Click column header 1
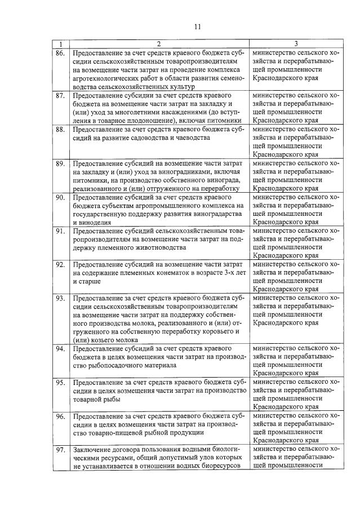pyautogui.click(x=60, y=44)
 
